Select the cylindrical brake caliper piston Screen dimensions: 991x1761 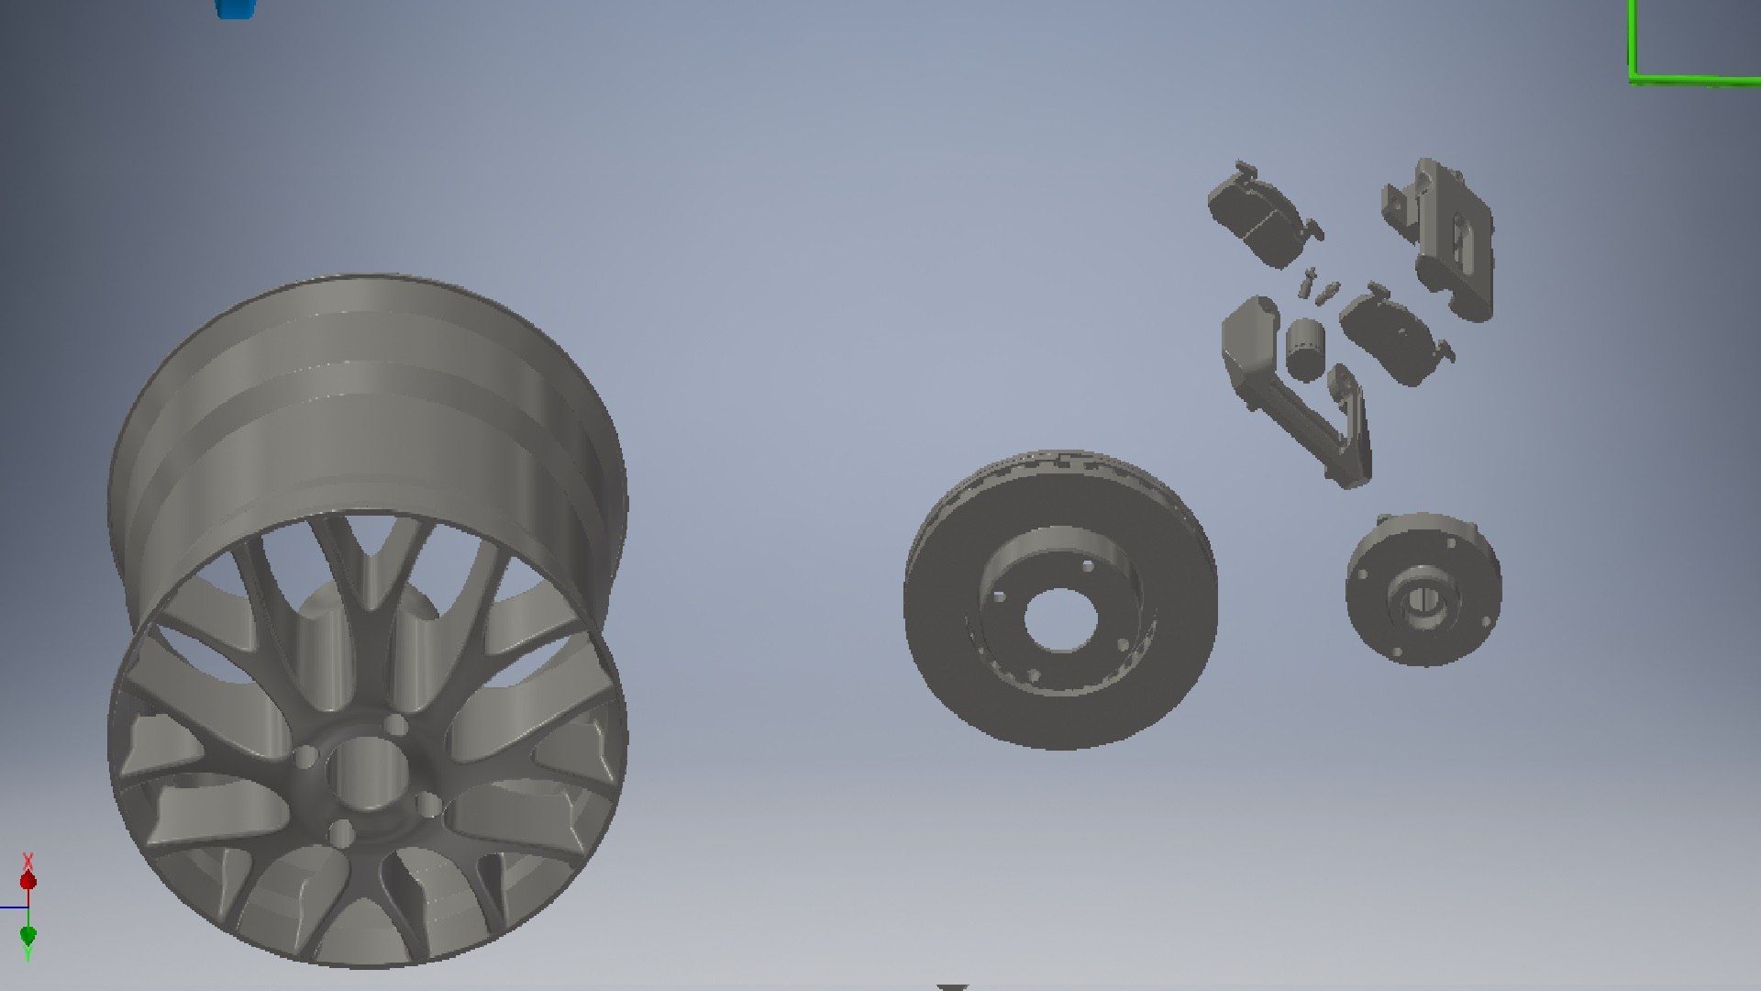click(1304, 350)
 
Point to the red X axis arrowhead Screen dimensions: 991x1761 click(28, 882)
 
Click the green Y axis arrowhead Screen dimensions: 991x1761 click(28, 935)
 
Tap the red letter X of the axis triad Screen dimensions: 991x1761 click(28, 862)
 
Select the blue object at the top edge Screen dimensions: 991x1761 click(235, 7)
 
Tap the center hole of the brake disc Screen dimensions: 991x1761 click(1060, 618)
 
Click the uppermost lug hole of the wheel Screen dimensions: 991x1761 click(395, 726)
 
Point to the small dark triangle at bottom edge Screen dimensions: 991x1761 click(953, 987)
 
